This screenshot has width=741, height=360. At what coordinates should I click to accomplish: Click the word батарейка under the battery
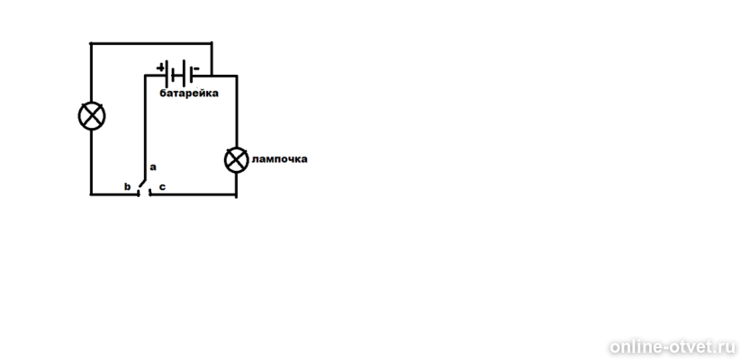(189, 93)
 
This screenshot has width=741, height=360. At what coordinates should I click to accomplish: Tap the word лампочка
(279, 158)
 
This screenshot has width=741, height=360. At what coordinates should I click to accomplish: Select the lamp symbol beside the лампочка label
(236, 160)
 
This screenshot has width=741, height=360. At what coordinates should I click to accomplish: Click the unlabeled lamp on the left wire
(92, 116)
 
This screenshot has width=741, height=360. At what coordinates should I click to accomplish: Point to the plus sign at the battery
(160, 67)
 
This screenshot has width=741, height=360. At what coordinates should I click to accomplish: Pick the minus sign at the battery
(196, 68)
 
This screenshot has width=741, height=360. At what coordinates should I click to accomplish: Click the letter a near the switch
(153, 167)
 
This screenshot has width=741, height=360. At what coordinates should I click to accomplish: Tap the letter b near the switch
(127, 186)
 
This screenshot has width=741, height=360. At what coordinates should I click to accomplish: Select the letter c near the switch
(162, 187)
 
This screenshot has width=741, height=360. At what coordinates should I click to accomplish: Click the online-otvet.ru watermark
(673, 347)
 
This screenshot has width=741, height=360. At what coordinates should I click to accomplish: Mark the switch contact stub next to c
(149, 192)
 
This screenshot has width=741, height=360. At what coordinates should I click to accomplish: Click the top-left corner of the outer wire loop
(91, 43)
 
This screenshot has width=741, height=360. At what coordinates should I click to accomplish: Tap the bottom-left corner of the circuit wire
(91, 193)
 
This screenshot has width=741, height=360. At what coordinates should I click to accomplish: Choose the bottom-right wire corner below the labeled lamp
(236, 194)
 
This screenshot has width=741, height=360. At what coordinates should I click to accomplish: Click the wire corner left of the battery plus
(146, 76)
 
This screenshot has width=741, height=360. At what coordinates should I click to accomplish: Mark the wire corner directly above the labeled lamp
(236, 76)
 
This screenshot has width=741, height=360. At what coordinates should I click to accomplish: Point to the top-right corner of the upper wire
(212, 43)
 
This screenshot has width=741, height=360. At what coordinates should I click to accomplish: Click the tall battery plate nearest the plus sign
(167, 75)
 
